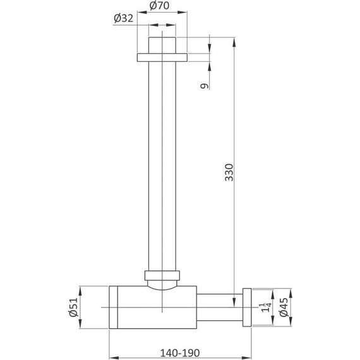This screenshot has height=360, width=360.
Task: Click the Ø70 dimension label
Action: point(160,6)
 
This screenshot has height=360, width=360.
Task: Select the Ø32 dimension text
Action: point(124,18)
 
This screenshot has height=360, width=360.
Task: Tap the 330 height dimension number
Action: point(229,172)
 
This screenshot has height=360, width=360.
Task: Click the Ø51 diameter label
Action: point(74,308)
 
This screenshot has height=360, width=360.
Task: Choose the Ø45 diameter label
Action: point(284,307)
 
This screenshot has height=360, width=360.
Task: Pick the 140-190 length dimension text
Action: point(180,353)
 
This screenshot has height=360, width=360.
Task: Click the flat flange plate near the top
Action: point(162,57)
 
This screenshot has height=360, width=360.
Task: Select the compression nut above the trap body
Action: point(162,275)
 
